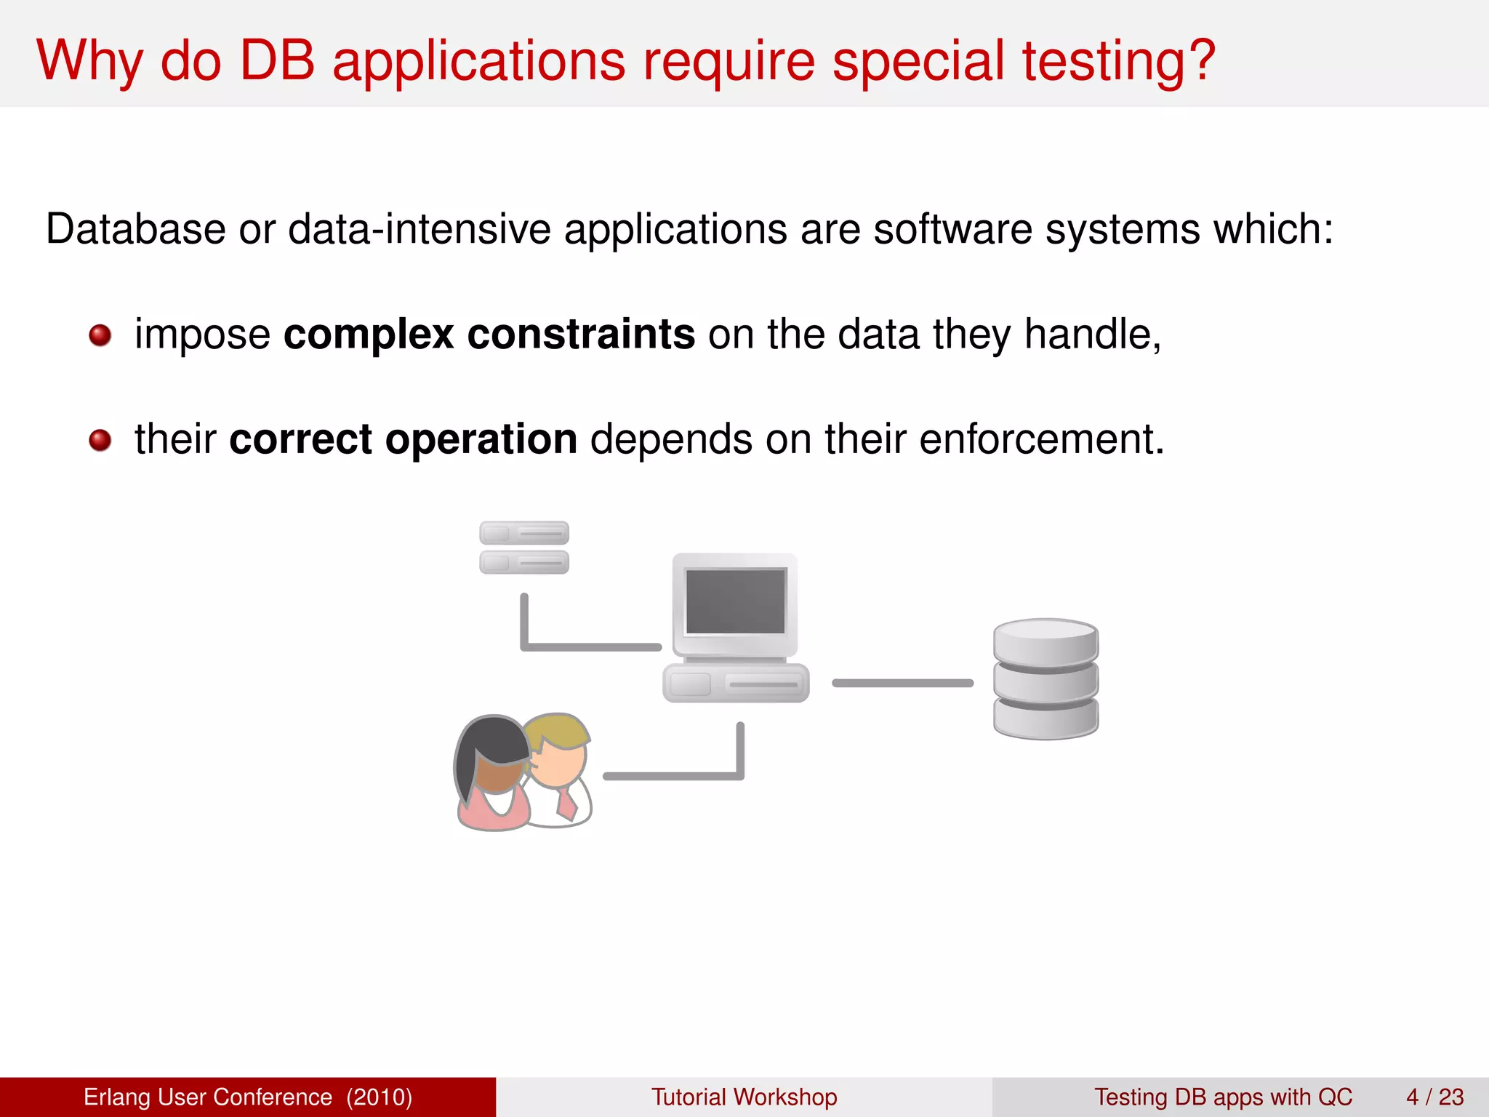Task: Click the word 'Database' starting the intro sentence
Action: (135, 229)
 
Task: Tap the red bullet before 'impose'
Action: (100, 335)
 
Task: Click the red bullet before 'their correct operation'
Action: (100, 440)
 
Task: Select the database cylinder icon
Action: (1045, 679)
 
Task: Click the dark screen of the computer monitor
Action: (736, 601)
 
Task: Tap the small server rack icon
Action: (523, 548)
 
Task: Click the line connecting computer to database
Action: (902, 683)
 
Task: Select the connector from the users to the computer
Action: (673, 776)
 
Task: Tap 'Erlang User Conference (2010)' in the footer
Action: (248, 1097)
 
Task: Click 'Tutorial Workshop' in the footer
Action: (744, 1097)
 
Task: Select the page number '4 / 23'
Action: (1434, 1097)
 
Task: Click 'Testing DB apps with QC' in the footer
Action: (1223, 1097)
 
